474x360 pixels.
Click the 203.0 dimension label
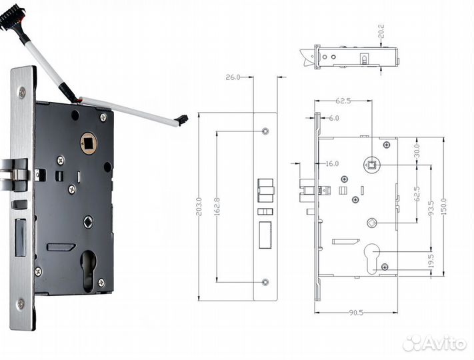199,207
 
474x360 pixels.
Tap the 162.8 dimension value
217,207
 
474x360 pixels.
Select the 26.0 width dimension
233,77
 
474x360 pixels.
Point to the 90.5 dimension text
356,313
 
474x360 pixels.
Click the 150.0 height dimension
443,207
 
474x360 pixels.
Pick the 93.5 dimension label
431,209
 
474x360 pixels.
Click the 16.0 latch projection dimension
332,164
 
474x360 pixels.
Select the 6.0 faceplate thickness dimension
334,118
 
